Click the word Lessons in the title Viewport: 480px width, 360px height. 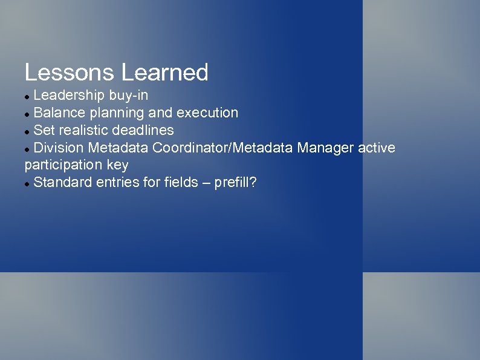tap(70, 73)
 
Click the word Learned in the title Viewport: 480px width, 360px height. tap(164, 73)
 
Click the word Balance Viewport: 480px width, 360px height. tap(59, 113)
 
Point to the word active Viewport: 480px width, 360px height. tap(377, 148)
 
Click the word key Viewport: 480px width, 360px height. tap(118, 165)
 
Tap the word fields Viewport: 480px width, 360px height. tap(181, 182)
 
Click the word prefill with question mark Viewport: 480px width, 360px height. tap(235, 182)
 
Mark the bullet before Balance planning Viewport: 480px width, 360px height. tap(27, 114)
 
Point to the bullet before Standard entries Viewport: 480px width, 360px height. tap(27, 183)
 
